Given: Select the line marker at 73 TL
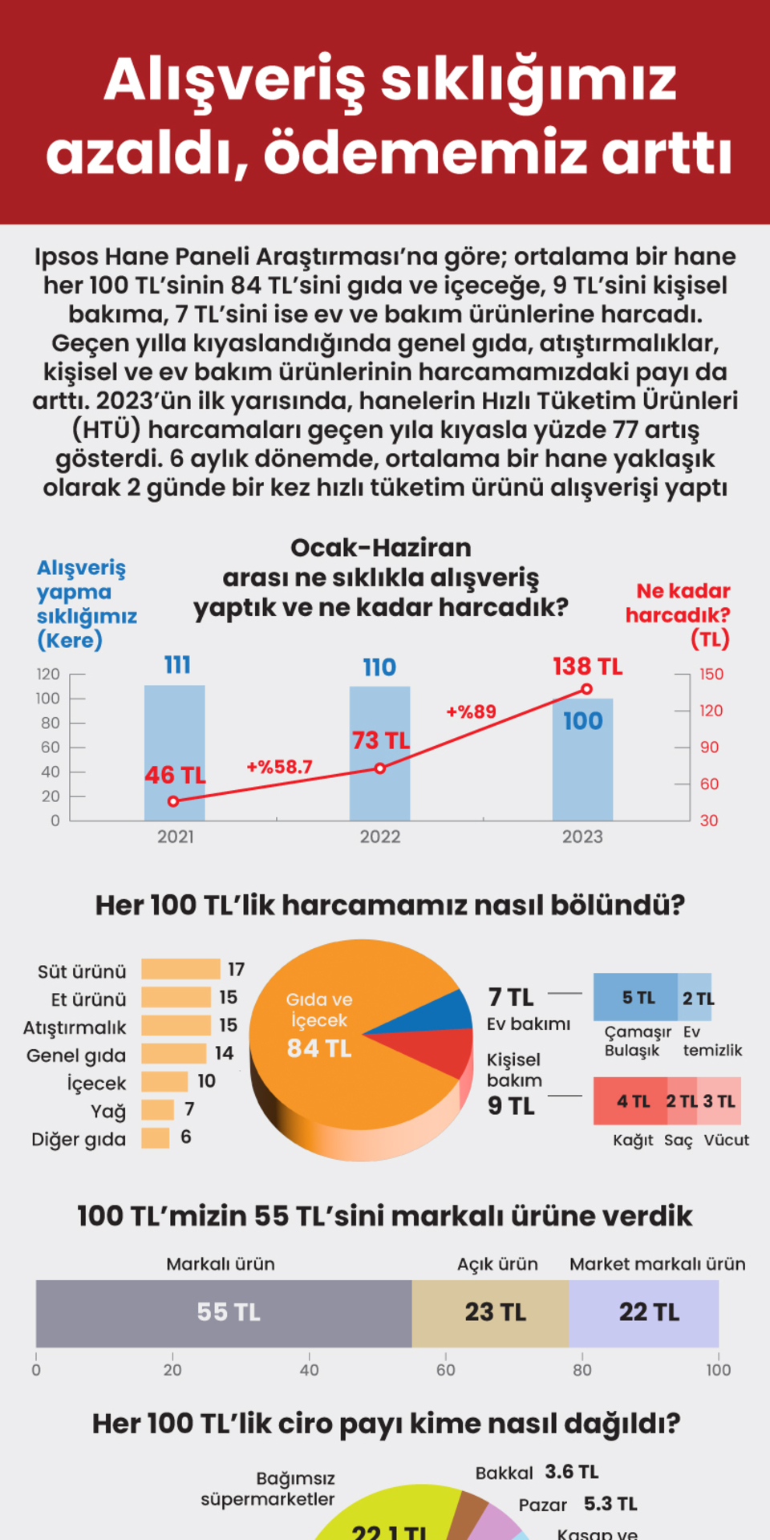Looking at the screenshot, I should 380,768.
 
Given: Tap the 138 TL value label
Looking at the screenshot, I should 587,667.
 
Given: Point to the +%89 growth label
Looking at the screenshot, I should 471,711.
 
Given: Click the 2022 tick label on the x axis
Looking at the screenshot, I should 380,837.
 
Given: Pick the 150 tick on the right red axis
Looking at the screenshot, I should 711,674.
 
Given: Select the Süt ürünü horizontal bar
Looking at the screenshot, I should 180,969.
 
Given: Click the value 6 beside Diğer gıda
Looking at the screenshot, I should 186,1137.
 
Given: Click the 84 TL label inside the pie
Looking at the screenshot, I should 319,1048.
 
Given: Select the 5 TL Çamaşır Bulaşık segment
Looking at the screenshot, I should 636,997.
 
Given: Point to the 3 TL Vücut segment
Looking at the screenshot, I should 719,1101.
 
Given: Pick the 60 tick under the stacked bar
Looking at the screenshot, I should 446,1370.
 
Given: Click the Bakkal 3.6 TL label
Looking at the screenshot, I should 537,1473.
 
